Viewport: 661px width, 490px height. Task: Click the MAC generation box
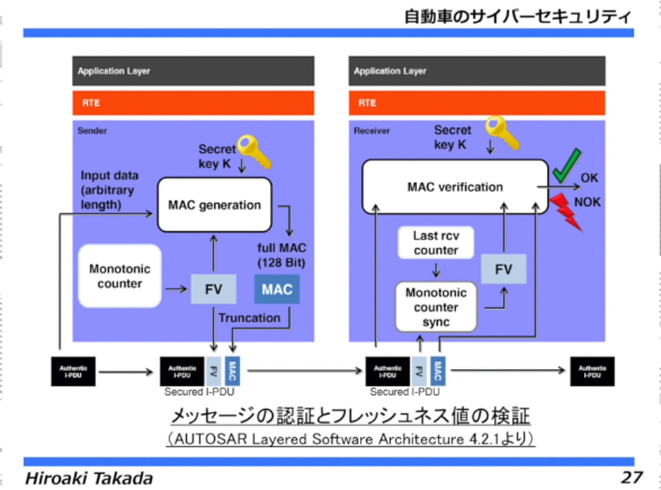(x=214, y=205)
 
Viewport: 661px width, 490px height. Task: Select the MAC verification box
(x=455, y=187)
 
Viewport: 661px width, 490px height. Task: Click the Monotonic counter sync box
(x=436, y=307)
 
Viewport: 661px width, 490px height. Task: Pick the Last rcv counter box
(x=436, y=243)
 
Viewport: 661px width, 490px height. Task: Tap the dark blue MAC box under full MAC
(x=278, y=289)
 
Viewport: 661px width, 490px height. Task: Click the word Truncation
(x=250, y=317)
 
